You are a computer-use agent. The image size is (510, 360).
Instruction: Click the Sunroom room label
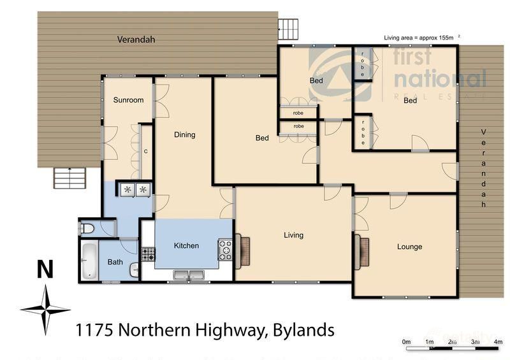(x=128, y=100)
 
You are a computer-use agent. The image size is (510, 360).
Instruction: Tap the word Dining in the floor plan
(x=184, y=135)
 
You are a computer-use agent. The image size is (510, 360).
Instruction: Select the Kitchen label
(x=186, y=245)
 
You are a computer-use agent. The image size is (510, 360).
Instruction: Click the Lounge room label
(x=409, y=247)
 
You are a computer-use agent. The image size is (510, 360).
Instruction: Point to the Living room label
(x=293, y=235)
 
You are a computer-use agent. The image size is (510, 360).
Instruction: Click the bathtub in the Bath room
(x=90, y=261)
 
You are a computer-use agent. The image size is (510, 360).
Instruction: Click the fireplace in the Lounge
(x=363, y=250)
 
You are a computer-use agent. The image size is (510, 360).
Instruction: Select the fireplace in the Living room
(x=244, y=250)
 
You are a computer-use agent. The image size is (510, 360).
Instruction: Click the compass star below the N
(x=45, y=310)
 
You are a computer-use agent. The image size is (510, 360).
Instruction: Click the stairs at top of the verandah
(x=288, y=29)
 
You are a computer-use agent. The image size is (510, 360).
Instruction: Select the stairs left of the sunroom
(x=69, y=178)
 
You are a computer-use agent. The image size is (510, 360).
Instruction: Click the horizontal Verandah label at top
(x=136, y=40)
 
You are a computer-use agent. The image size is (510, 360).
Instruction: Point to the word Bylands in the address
(x=303, y=330)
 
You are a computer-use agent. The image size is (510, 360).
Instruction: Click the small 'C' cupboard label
(x=145, y=151)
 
